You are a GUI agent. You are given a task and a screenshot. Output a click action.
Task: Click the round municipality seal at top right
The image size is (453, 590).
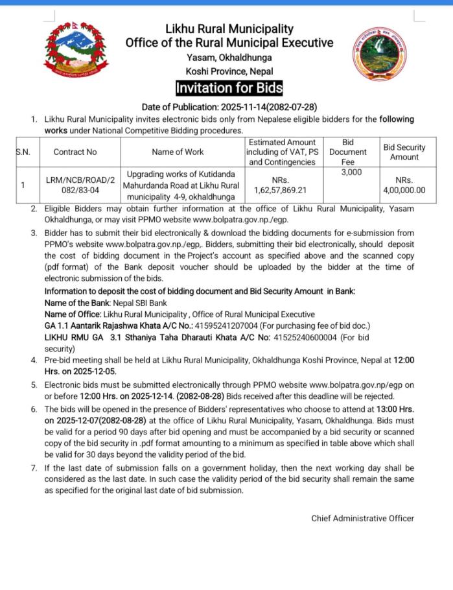[380, 53]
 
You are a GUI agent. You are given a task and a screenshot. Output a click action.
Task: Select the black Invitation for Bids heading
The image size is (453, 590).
[229, 88]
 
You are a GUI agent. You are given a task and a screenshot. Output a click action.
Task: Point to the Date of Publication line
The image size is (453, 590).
[229, 107]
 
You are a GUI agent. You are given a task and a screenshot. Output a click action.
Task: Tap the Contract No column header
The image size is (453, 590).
[75, 152]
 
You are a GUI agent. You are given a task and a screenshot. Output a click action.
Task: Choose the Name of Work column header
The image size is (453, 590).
[177, 152]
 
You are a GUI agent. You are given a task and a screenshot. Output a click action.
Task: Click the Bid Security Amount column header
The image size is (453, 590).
[404, 152]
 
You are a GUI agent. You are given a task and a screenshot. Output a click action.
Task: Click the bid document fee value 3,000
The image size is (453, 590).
[350, 172]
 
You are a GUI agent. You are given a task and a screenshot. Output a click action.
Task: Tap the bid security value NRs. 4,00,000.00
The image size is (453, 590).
[404, 185]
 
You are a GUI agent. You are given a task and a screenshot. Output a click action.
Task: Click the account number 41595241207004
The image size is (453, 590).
[231, 325]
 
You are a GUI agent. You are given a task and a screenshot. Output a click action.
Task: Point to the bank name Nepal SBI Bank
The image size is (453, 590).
[141, 303]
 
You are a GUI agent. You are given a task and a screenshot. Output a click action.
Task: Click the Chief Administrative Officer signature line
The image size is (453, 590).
[362, 518]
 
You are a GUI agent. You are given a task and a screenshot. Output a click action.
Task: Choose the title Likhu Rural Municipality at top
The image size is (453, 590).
[229, 29]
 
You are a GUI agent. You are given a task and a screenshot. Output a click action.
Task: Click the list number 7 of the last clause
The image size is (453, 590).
[34, 467]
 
